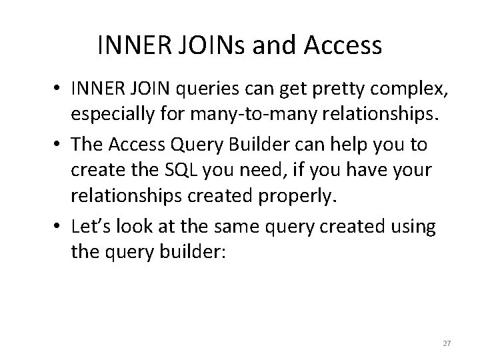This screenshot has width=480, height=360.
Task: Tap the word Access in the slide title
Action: click(343, 45)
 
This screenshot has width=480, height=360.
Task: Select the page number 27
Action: click(447, 343)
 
